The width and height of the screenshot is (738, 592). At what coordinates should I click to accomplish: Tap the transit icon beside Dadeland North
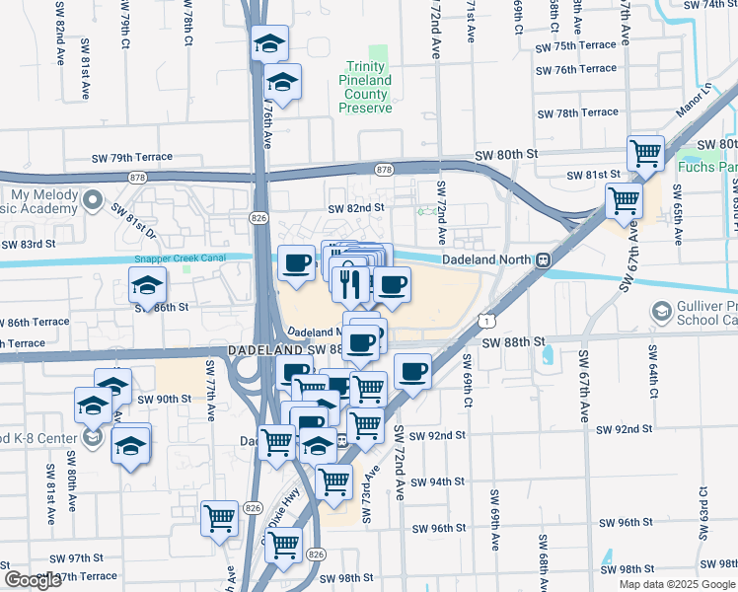[543, 259]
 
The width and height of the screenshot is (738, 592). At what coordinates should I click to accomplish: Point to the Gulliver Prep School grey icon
[661, 314]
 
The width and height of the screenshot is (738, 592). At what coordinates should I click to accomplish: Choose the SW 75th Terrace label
[576, 46]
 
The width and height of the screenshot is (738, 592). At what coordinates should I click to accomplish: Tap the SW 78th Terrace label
[576, 112]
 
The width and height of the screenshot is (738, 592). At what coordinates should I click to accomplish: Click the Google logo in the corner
[32, 580]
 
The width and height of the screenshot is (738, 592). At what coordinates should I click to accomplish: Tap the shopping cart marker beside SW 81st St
[645, 154]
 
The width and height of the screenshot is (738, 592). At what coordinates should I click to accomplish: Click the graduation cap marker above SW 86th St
[148, 286]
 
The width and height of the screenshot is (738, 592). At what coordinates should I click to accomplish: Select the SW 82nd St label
[355, 208]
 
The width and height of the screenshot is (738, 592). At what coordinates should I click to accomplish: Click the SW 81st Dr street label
[133, 220]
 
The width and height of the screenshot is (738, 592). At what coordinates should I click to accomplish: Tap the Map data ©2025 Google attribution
[677, 584]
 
